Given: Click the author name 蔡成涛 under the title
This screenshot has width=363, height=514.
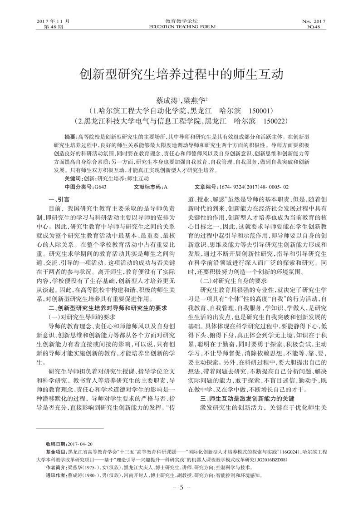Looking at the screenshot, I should (x=167, y=100).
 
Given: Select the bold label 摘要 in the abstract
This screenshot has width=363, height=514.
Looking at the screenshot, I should (x=70, y=137).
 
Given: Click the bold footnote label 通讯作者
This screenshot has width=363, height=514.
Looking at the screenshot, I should (x=56, y=475).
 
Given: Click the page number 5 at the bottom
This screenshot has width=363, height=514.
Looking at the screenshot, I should (x=181, y=488).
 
